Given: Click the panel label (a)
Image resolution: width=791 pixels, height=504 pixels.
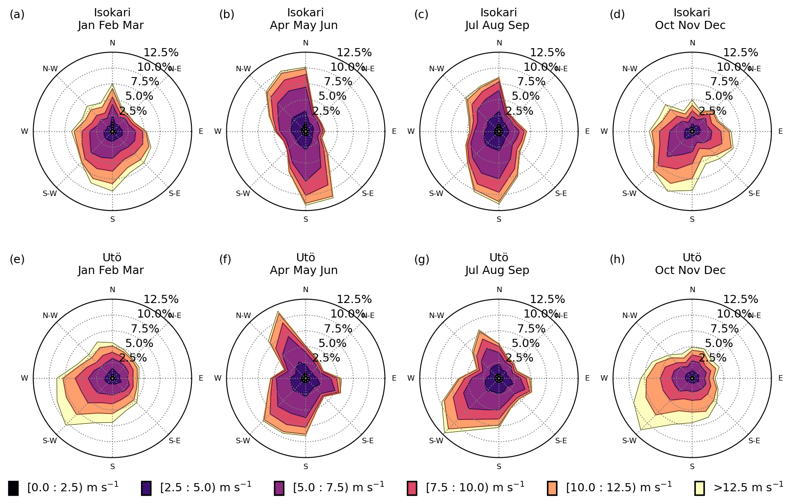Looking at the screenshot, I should (17, 15).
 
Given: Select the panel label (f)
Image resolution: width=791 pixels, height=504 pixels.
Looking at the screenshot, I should (225, 259).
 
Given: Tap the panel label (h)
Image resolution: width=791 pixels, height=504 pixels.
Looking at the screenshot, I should (617, 259).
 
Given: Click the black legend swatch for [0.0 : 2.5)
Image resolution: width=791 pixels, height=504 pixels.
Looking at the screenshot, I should (14, 488).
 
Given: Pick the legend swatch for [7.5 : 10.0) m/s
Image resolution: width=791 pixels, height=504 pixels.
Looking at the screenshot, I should (412, 488).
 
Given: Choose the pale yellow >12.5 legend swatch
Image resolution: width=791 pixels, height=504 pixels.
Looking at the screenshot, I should (699, 488).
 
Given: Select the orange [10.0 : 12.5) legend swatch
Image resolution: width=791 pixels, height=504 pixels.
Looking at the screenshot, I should (552, 488).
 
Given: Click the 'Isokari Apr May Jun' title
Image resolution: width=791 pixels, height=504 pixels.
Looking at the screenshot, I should (304, 19).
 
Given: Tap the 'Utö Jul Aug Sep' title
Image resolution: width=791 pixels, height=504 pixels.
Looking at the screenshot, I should (498, 264).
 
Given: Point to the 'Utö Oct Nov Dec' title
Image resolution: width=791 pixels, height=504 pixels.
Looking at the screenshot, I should (691, 264).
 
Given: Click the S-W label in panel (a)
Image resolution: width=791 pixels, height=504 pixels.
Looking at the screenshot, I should (50, 194).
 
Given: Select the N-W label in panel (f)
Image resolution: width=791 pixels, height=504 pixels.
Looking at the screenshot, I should (243, 316).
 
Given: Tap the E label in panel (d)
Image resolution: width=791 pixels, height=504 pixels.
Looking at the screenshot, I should (781, 132).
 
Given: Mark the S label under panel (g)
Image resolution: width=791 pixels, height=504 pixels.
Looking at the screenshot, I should (499, 466).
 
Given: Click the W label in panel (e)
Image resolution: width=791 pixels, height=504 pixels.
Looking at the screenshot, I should (24, 378).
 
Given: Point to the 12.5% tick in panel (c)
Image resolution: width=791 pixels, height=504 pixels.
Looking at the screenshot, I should (547, 53).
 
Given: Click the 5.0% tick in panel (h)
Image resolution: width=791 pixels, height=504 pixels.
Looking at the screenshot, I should (719, 343).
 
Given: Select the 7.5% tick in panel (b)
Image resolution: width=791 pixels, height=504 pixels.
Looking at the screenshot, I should (338, 82).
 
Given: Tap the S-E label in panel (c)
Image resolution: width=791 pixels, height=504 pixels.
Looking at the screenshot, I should (561, 194).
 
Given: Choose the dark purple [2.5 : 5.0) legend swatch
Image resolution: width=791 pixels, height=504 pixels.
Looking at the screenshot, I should (146, 488).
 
